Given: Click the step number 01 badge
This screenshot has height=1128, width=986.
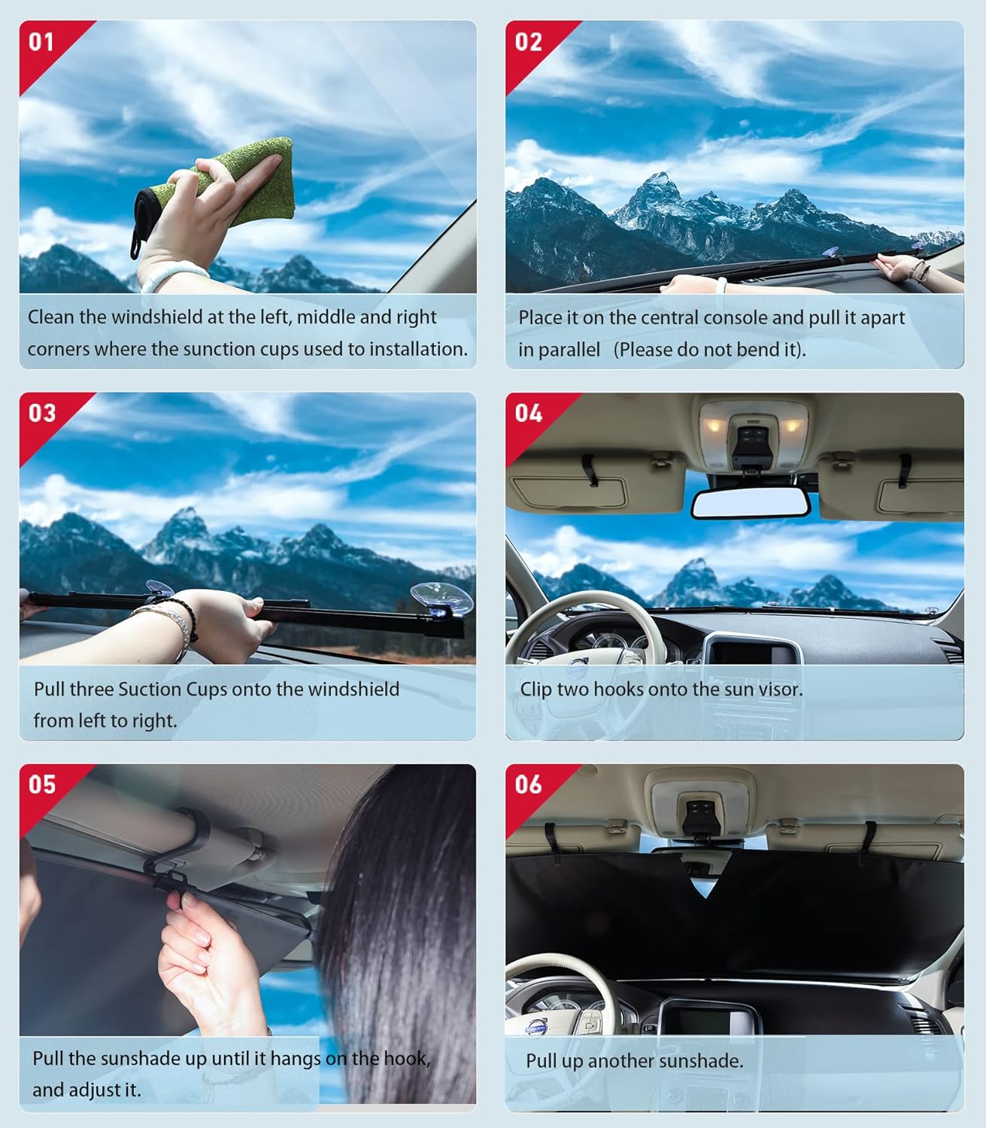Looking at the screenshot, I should click(x=41, y=41).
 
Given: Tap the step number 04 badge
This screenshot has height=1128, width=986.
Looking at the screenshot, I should click(x=528, y=413).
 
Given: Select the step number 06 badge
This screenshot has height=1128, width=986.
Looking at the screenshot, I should click(x=528, y=784).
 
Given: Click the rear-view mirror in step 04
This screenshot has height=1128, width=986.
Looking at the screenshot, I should click(x=751, y=503).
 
